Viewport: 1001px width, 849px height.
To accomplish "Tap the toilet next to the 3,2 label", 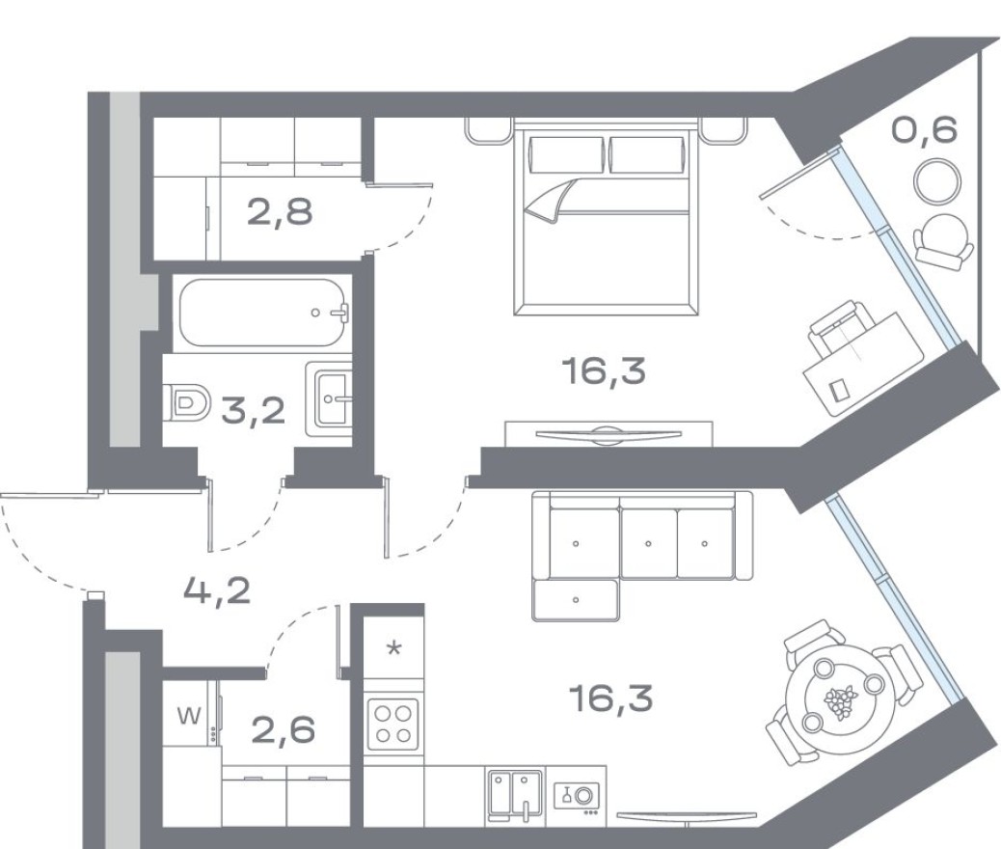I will pos(187,402).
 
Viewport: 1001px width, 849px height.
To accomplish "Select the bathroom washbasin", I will pos(330,396).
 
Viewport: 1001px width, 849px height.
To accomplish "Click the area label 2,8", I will pos(280,211).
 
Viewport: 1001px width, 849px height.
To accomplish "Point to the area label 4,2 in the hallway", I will pos(217,588).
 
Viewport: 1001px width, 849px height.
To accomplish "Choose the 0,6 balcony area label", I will pos(924,129).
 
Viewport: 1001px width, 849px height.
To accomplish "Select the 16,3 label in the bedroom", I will pos(604,370).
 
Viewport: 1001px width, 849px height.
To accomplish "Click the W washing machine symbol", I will pos(190,716).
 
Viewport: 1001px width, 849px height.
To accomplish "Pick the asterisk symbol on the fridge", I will pos(393,647).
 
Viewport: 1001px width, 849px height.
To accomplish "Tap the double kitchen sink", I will pos(514,794).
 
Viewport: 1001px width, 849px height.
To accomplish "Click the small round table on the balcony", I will pos(936,180).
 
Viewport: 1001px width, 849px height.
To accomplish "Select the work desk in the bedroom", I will pos(856,358).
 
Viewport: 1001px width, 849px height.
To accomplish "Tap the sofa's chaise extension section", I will pos(575,600).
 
